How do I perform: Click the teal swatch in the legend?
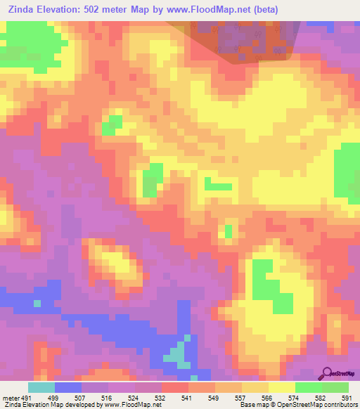41,387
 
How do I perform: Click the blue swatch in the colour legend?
68,387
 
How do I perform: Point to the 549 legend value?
223,398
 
